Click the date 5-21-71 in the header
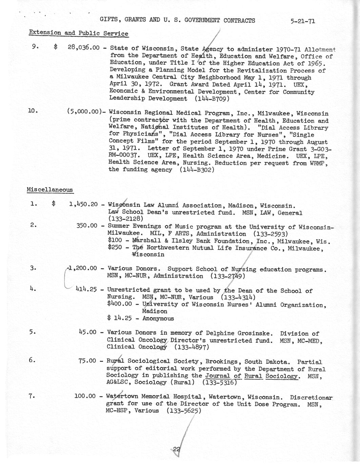pyautogui.click(x=303, y=21)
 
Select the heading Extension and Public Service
pyautogui.click(x=78, y=33)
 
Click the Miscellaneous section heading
pyautogui.click(x=50, y=190)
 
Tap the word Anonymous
pyautogui.click(x=158, y=318)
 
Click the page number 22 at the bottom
pyautogui.click(x=176, y=449)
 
